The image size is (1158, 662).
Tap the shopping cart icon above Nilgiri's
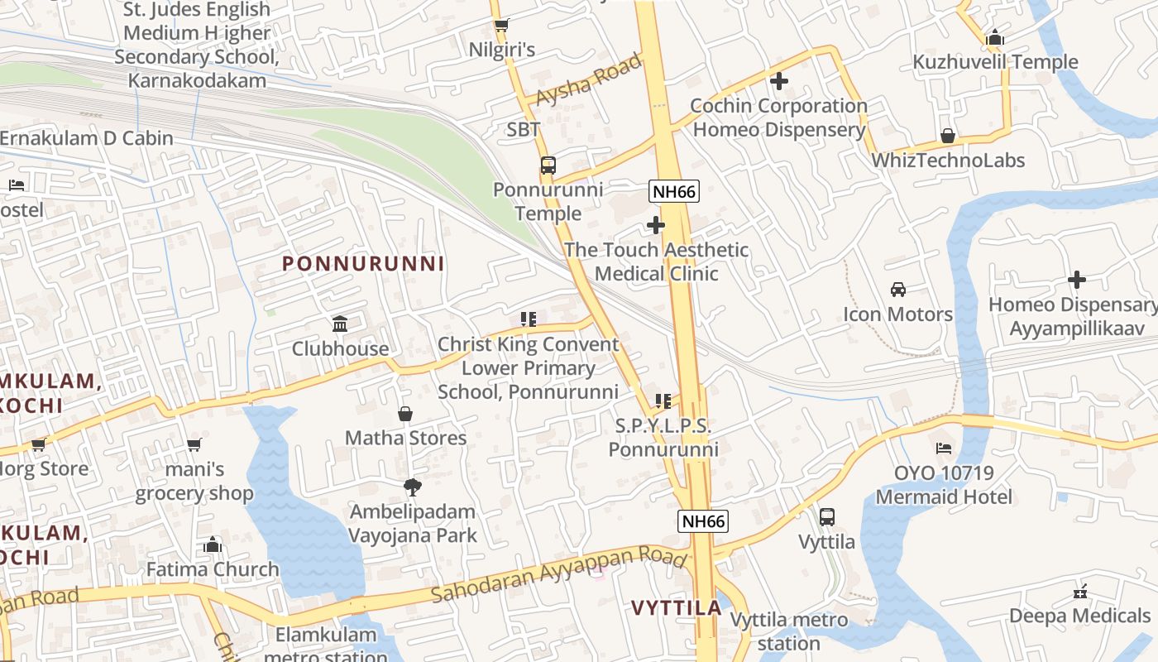point(501,25)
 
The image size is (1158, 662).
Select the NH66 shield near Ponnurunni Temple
point(674,192)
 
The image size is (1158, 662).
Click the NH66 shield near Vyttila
point(703,521)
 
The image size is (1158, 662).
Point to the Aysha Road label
point(588,80)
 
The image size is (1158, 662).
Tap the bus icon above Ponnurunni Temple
point(548,165)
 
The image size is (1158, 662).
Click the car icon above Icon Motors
point(898,290)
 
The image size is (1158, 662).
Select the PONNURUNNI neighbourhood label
point(363,264)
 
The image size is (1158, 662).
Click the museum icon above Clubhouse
point(340,324)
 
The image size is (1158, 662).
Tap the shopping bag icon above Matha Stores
point(405,414)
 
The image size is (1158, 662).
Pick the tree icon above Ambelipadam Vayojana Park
point(412,487)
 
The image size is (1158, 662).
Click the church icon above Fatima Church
point(213,544)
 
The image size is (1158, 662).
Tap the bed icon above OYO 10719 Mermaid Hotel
point(944,449)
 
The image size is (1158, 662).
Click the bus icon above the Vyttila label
point(826,517)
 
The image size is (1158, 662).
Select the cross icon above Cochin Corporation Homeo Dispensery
point(778,81)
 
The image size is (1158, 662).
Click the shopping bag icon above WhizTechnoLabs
point(948,136)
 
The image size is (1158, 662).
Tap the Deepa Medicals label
point(1079,616)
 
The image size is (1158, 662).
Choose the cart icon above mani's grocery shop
point(194,445)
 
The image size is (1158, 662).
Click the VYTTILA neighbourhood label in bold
point(677,608)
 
